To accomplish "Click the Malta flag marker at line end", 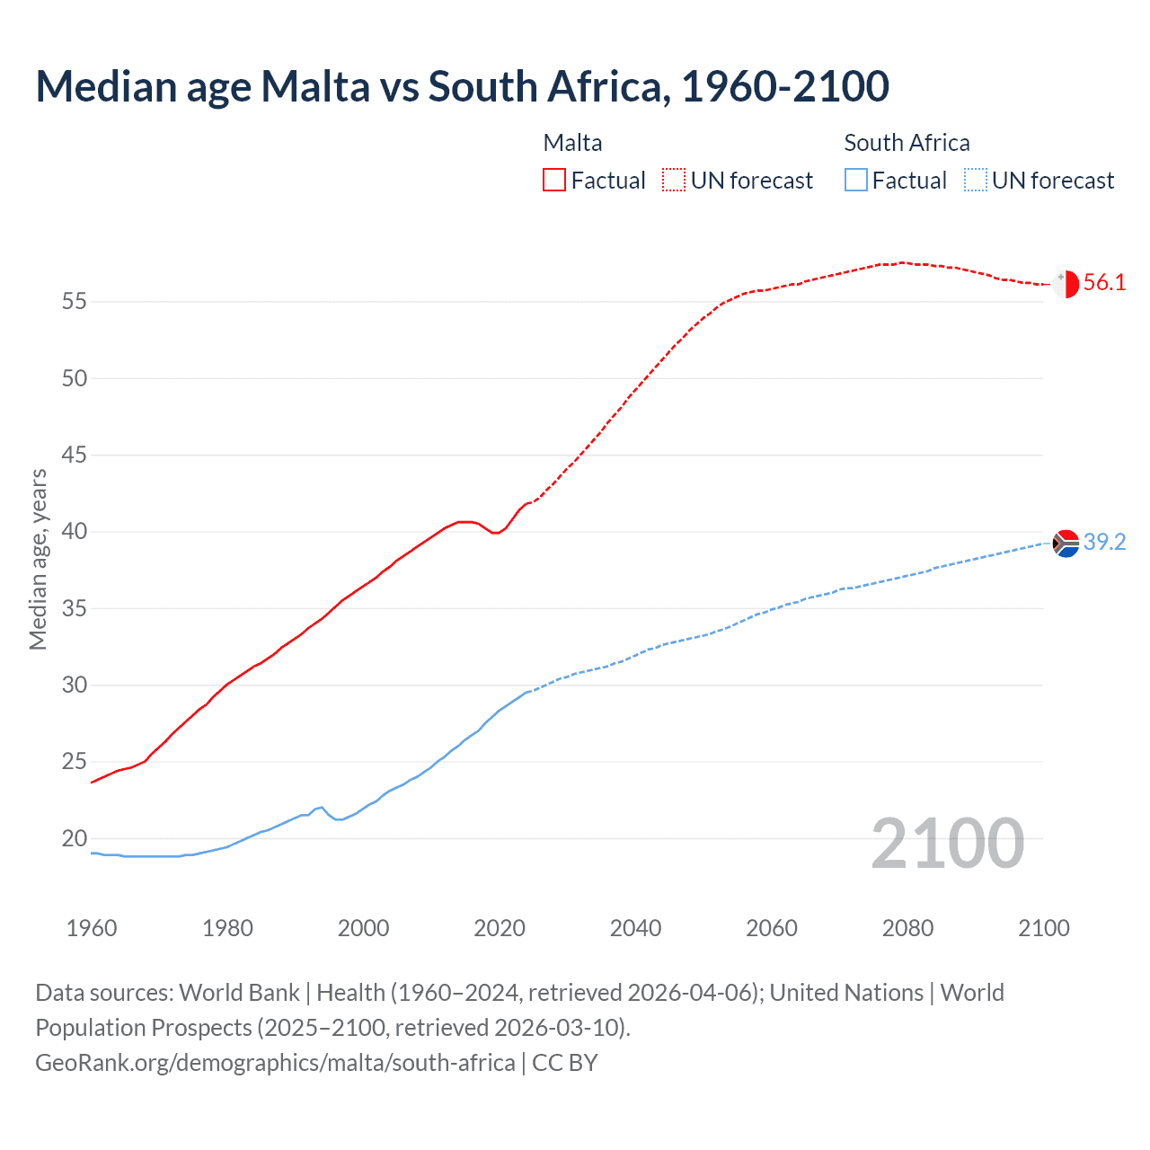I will (1066, 284).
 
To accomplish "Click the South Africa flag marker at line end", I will (1066, 543).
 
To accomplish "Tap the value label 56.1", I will (1104, 283).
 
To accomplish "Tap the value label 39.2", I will (1104, 542).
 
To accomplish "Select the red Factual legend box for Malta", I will (554, 181).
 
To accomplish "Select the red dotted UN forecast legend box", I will (674, 181).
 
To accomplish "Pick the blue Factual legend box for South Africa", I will (856, 181).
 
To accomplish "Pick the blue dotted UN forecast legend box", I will (976, 181).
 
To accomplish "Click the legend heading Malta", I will (572, 143).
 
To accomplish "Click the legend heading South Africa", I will (907, 143).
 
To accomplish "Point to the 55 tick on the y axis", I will (75, 302).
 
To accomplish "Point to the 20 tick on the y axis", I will (75, 839).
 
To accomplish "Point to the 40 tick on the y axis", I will (75, 532).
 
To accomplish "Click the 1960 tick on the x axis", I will (92, 928).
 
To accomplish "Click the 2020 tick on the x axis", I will (500, 928).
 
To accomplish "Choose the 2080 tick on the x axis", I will (907, 928).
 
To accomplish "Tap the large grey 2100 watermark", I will (947, 843).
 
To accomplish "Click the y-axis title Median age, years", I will (38, 559).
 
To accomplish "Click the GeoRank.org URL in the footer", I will (275, 1063).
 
